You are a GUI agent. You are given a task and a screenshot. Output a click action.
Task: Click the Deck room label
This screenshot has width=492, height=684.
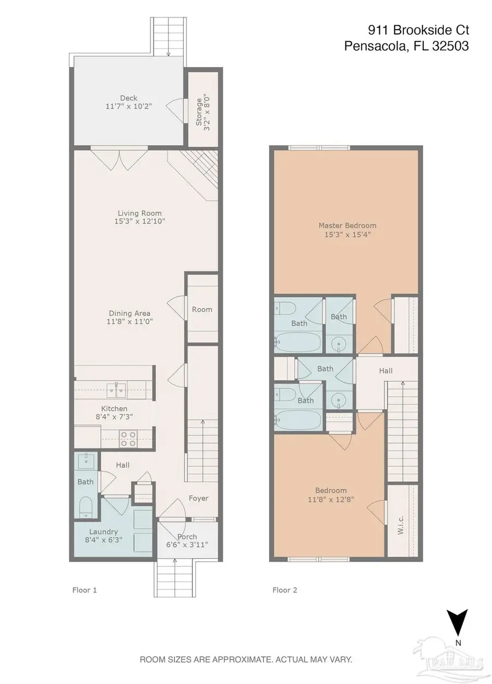click(x=128, y=98)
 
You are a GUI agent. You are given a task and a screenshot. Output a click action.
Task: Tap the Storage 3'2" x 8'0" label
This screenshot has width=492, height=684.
click(x=203, y=112)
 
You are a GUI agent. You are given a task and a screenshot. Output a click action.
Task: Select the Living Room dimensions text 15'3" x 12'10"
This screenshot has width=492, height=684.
click(x=139, y=221)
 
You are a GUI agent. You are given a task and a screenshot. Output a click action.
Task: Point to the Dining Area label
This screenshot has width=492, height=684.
click(x=130, y=313)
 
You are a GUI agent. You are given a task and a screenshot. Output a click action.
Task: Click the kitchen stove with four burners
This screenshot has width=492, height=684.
click(x=128, y=439)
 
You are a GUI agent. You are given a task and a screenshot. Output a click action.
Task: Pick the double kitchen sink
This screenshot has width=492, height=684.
click(x=116, y=390)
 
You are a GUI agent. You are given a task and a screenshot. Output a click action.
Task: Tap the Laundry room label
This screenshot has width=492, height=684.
click(x=103, y=532)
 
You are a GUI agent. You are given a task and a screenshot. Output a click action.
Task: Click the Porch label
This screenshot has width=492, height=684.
click(x=187, y=536)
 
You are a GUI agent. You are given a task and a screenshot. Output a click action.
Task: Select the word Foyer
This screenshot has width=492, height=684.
click(x=198, y=498)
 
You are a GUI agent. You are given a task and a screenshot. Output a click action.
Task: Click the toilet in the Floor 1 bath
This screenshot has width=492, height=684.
click(x=86, y=508)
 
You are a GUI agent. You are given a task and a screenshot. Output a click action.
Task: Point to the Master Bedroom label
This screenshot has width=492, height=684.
click(x=347, y=226)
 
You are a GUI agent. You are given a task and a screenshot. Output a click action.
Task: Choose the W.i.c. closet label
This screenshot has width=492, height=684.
click(x=401, y=525)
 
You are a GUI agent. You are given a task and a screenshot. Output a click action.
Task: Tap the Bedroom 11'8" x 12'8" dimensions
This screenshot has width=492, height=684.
click(x=331, y=499)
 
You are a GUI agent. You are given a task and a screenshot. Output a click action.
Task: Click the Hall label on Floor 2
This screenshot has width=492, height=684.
click(x=385, y=371)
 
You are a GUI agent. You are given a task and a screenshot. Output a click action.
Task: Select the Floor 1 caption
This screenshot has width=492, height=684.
click(x=84, y=590)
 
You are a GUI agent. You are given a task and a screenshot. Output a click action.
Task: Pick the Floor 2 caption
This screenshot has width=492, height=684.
click(x=284, y=590)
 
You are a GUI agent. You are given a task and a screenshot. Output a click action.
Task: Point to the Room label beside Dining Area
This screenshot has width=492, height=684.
click(x=202, y=309)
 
